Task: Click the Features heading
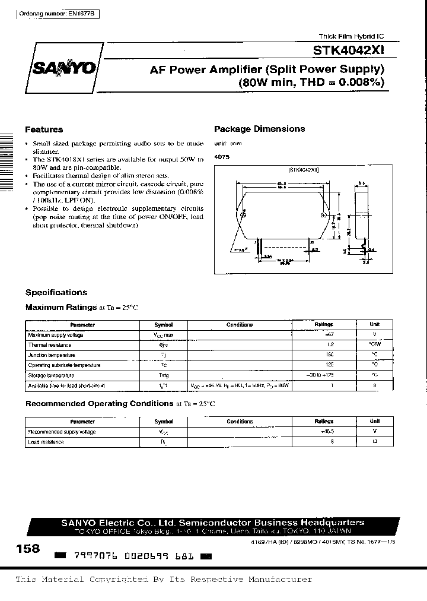coord(44,129)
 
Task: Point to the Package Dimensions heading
coord(259,129)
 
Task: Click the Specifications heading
coord(56,292)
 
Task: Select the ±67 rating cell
coord(324,335)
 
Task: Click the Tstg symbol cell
coord(163,375)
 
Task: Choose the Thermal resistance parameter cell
coord(46,345)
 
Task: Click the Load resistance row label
coord(46,442)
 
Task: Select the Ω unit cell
coord(374,442)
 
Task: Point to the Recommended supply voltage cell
coord(62,432)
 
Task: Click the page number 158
coord(28,549)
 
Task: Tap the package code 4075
coord(221,156)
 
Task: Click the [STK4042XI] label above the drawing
coord(304,170)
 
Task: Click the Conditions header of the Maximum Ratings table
coord(240,325)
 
